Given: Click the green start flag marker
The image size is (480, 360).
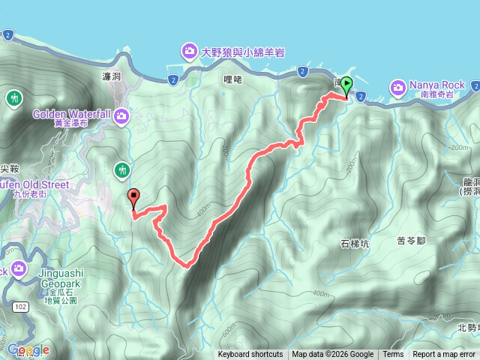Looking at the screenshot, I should click(346, 86).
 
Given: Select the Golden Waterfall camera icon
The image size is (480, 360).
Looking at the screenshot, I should click(121, 117).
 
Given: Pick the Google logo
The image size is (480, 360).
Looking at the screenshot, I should click(28, 349).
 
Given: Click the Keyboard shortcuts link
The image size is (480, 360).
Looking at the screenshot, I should click(250, 355).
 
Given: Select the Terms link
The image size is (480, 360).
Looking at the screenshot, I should click(393, 355).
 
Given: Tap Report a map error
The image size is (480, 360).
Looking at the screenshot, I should click(444, 355).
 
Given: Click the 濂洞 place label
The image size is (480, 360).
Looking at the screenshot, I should click(111, 77).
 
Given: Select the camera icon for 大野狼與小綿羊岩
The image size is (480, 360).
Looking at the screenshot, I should click(188, 52).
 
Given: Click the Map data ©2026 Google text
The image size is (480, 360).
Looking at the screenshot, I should click(332, 355).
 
